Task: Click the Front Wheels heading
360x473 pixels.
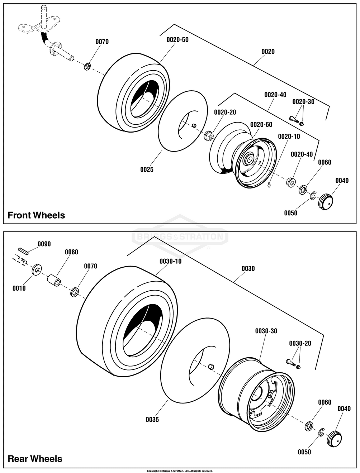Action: click(36, 215)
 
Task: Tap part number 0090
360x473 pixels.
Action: click(44, 244)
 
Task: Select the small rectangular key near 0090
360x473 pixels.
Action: click(23, 251)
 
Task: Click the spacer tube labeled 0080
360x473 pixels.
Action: click(54, 280)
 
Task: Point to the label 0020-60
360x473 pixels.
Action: click(261, 125)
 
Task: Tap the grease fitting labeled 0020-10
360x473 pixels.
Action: click(269, 185)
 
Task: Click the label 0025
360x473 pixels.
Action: click(147, 169)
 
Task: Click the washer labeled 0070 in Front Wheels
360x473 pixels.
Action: click(87, 66)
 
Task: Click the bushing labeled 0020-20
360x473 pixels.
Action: click(209, 135)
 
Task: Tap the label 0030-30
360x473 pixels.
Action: click(266, 331)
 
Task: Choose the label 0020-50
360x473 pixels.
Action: click(177, 40)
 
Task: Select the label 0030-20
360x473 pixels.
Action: click(300, 343)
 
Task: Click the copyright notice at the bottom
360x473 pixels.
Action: click(180, 471)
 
